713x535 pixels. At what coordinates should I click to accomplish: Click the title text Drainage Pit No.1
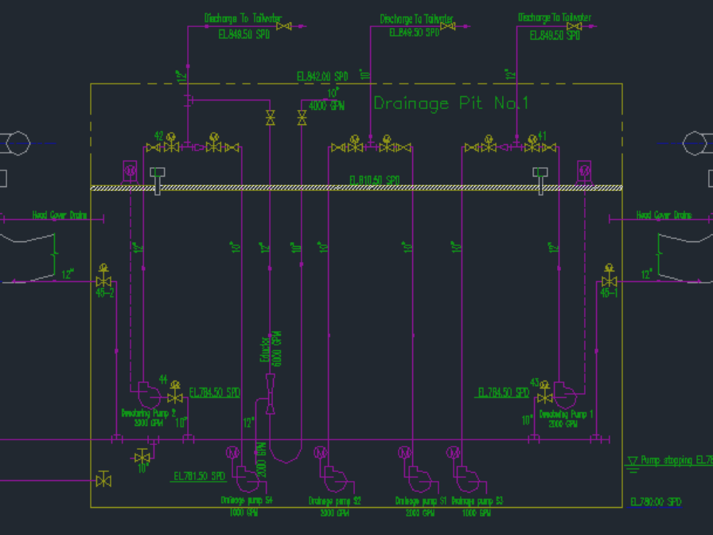(x=451, y=103)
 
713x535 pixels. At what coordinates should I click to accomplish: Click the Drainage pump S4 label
(x=247, y=501)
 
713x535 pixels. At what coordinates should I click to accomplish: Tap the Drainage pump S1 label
(x=421, y=501)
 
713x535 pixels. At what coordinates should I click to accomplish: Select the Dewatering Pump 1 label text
(x=566, y=414)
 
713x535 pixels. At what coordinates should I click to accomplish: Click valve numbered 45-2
(x=105, y=281)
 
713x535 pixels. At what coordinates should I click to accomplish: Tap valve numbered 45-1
(x=609, y=281)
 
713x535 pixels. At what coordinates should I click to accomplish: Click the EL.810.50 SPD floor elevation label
(x=374, y=180)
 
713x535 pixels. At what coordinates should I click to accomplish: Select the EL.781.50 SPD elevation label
(x=199, y=476)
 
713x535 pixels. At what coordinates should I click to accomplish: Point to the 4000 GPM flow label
(x=327, y=106)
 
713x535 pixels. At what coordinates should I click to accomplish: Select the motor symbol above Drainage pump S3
(x=454, y=452)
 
